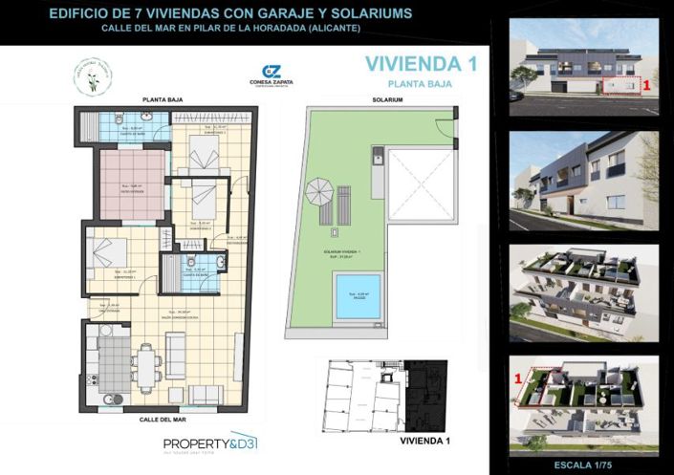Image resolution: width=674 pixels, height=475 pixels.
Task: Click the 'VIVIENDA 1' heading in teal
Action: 421,64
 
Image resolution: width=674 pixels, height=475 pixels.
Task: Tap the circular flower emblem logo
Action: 94,76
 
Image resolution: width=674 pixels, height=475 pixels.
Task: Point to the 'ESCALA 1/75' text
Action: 584,465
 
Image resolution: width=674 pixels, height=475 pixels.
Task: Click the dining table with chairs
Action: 145,366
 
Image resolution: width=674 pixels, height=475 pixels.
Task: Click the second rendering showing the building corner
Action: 584,181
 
